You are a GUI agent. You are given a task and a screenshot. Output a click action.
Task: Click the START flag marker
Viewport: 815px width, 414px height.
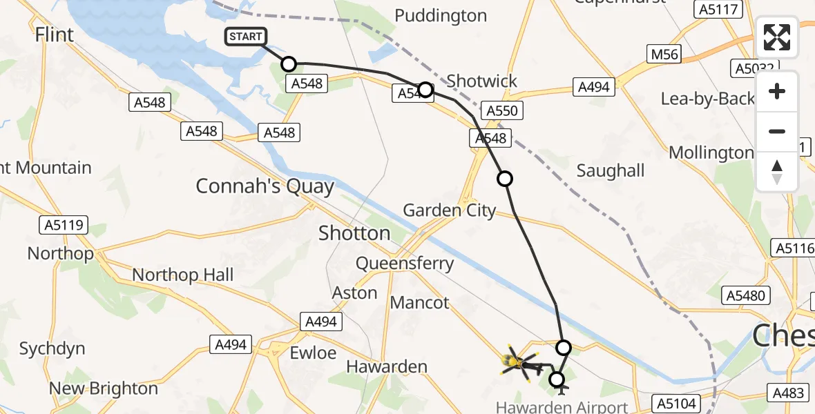tap(245, 37)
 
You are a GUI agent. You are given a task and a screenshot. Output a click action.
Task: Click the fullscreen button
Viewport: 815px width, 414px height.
tap(777, 37)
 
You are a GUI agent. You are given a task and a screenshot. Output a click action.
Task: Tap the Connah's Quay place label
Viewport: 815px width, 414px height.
tap(265, 186)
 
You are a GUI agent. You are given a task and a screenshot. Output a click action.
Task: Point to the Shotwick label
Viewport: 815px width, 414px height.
tap(481, 81)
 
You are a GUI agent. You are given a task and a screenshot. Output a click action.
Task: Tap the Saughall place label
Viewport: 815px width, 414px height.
tap(611, 170)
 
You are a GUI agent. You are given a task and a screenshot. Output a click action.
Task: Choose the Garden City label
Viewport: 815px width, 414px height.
tap(450, 210)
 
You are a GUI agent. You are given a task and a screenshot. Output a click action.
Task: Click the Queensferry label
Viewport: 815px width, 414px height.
tap(405, 263)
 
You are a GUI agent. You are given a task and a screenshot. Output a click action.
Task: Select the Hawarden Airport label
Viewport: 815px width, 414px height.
tap(562, 407)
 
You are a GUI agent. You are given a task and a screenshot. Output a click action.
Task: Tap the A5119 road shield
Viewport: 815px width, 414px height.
tap(63, 225)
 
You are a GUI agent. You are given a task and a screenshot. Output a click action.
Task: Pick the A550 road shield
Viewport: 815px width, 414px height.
tap(501, 110)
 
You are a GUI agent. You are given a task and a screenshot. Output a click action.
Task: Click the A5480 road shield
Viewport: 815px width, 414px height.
tap(745, 296)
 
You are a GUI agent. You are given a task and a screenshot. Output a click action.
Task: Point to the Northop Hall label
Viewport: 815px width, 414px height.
tap(183, 275)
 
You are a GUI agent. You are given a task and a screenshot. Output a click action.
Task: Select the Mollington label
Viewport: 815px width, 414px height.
tap(711, 152)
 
